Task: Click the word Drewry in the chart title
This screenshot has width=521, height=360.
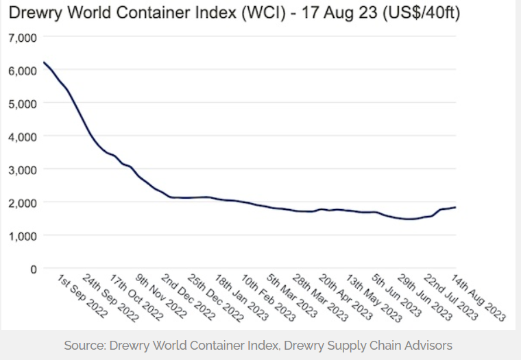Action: pyautogui.click(x=34, y=13)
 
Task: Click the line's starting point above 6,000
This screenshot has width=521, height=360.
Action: pyautogui.click(x=43, y=62)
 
